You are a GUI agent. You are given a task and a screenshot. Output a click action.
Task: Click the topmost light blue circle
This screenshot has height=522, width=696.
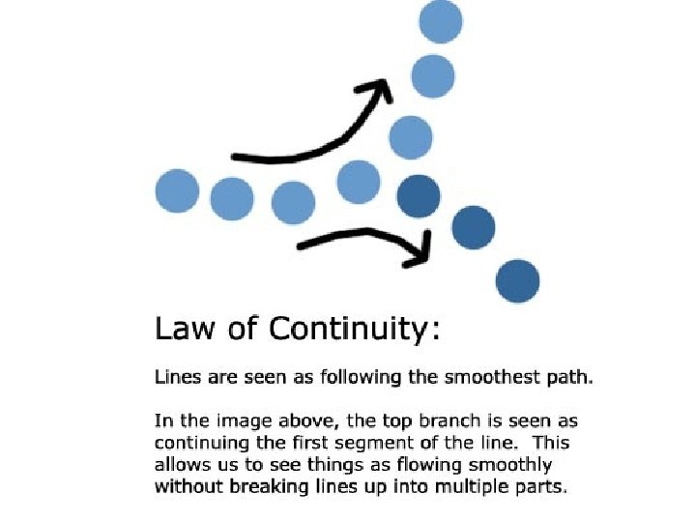pos(441,21)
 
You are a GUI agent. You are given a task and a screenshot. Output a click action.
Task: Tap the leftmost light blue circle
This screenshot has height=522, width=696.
pos(177,190)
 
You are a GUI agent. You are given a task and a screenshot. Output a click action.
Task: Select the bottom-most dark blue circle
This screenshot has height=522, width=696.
pos(517,281)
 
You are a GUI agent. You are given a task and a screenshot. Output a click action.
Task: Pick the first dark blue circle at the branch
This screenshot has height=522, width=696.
pos(419,195)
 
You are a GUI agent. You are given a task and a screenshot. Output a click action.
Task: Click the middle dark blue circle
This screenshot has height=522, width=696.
pos(473,228)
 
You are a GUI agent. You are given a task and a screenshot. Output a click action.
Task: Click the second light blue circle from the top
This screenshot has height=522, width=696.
pos(433,76)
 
